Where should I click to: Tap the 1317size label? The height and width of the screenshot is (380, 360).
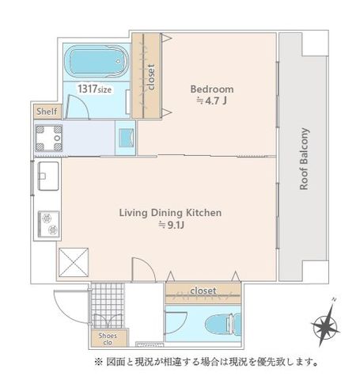point(94,89)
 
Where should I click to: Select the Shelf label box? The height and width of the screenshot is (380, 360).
point(47,112)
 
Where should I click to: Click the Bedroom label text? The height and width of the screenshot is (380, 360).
point(212,89)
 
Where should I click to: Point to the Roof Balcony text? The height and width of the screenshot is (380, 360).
point(304,159)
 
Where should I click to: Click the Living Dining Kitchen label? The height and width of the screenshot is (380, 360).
point(170,213)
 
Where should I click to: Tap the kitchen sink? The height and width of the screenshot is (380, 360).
point(48,176)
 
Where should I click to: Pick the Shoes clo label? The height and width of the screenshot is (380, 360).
point(108,339)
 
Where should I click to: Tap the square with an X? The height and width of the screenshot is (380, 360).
point(74,263)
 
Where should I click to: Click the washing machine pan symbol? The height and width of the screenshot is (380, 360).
point(49,138)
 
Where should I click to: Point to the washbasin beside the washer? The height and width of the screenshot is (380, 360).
point(126,138)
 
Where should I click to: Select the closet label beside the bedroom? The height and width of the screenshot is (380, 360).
point(151,77)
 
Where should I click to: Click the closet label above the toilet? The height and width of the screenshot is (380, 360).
point(203,291)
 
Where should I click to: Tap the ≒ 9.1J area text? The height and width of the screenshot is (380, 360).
point(171,225)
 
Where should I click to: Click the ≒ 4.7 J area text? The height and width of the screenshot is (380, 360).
point(212,101)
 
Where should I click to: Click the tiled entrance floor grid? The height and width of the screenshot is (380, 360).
point(108,306)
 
